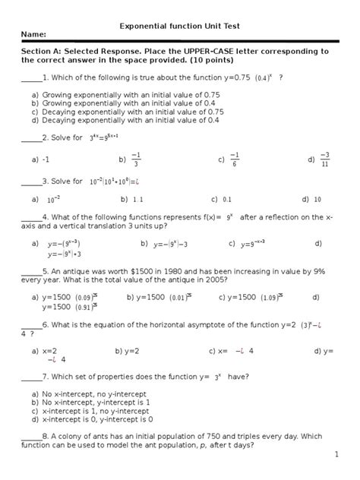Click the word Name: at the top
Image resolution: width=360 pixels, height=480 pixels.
[34, 35]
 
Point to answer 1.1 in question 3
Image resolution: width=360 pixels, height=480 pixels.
[138, 199]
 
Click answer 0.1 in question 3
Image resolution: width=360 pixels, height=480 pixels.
[226, 199]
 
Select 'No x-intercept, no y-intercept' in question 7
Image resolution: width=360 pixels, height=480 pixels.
[99, 394]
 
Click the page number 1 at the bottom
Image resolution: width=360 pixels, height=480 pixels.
[336, 454]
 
